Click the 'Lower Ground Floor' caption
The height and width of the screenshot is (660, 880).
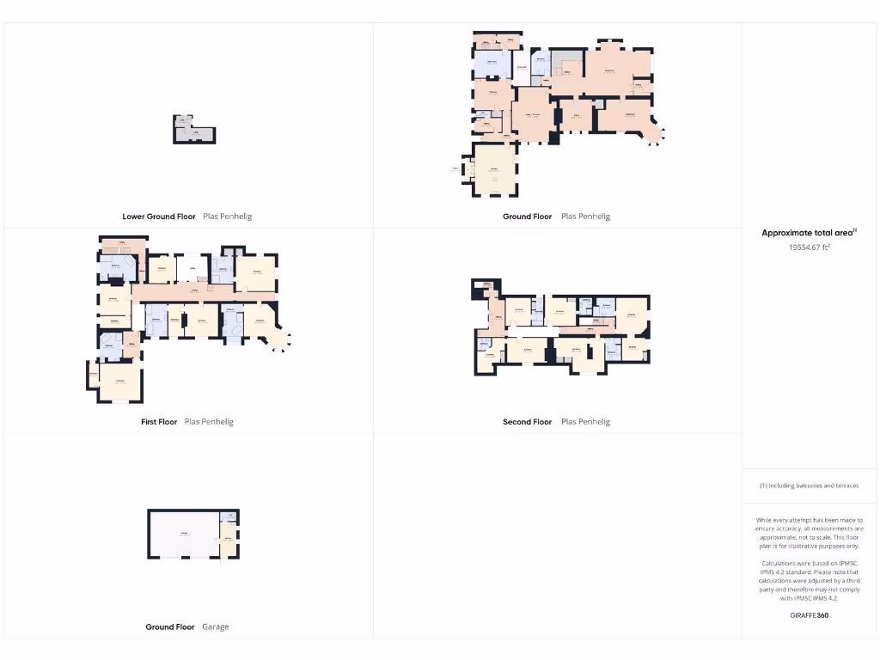159,217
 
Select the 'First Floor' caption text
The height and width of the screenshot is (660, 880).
159,422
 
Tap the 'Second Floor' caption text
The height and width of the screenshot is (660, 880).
527,422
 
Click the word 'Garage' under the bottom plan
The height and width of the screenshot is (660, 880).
215,627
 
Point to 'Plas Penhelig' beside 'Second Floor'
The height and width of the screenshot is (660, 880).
585,422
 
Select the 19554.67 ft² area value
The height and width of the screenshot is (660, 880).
809,247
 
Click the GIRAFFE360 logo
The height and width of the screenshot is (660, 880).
809,615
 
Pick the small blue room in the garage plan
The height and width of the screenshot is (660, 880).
229,516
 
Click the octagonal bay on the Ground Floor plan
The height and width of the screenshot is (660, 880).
652,133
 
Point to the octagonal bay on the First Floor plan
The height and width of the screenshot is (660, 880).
279,339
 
